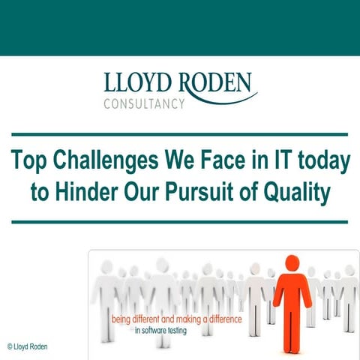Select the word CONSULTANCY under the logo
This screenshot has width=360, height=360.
[x=143, y=103]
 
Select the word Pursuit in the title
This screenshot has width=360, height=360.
[x=210, y=193]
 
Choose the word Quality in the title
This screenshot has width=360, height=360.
[x=296, y=193]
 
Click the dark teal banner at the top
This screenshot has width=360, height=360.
[x=180, y=27]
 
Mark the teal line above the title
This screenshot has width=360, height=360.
[x=180, y=135]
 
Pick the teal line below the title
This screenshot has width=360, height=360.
[x=180, y=222]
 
